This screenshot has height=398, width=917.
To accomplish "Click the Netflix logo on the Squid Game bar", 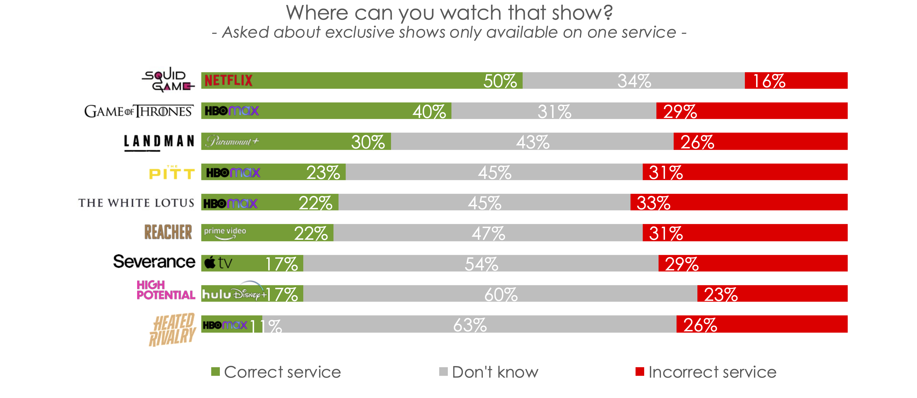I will (x=228, y=81).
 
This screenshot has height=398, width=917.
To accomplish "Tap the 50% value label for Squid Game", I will (x=500, y=81).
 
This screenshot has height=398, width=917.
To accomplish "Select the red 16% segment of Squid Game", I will (x=796, y=81).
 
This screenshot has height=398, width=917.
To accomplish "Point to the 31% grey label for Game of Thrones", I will (x=554, y=112).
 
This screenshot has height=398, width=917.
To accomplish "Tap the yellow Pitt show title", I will (x=172, y=173).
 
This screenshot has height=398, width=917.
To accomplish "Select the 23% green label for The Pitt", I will (x=323, y=173).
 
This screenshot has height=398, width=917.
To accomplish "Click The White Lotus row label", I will (x=136, y=203).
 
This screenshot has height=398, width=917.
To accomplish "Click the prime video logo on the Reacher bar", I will (x=225, y=233).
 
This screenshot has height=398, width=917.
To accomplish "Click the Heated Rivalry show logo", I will (x=172, y=329).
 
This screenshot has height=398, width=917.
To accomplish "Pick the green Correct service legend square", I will (x=215, y=372).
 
